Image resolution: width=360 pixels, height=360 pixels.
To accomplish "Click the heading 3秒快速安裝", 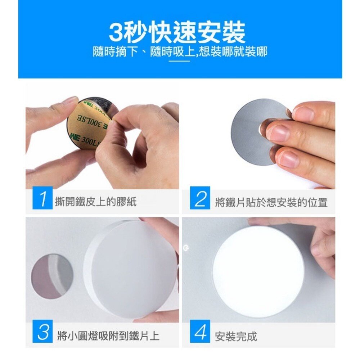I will (177, 32).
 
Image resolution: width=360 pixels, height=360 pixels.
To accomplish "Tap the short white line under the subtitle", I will (180, 61).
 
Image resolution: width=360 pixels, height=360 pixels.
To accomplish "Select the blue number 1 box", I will (42, 198).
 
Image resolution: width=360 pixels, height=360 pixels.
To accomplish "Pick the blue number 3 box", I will (42, 332).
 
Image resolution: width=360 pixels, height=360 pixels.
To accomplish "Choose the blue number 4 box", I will (200, 332).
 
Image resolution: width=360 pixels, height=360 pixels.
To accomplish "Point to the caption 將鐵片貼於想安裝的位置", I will (271, 202).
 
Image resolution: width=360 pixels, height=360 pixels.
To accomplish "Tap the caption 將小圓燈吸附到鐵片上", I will (108, 336).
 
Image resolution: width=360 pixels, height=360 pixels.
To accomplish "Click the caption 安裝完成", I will (236, 337).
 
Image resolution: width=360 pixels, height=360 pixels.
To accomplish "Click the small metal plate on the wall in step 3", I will (52, 276).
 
